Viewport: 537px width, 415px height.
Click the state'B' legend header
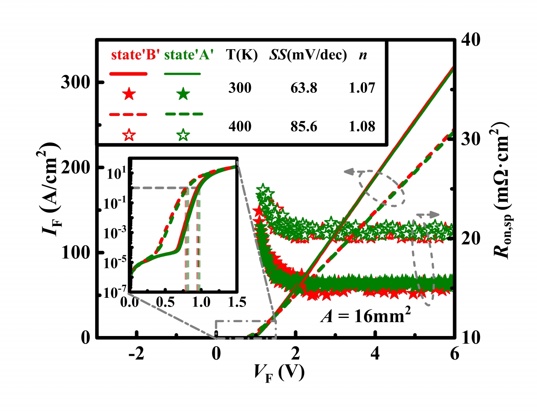coord(136,55)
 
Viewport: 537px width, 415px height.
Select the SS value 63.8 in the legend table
coord(304,88)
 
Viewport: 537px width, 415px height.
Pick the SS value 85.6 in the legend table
coord(304,126)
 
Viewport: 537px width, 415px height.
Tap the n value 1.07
coord(362,88)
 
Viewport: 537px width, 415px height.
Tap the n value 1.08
coord(362,126)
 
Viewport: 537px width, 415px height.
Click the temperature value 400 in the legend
coord(240,126)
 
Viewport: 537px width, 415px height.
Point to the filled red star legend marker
coord(129,94)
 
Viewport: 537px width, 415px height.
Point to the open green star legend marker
coord(183,135)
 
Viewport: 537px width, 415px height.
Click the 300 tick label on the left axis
coord(76,82)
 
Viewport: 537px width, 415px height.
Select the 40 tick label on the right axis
coord(470,39)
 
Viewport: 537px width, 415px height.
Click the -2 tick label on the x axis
coord(136,354)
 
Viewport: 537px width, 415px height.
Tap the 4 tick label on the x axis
coord(375,354)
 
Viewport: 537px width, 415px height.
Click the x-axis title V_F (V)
coord(279,372)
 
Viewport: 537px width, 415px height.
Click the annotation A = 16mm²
coord(365,315)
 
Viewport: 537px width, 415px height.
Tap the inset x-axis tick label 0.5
coord(165,302)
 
